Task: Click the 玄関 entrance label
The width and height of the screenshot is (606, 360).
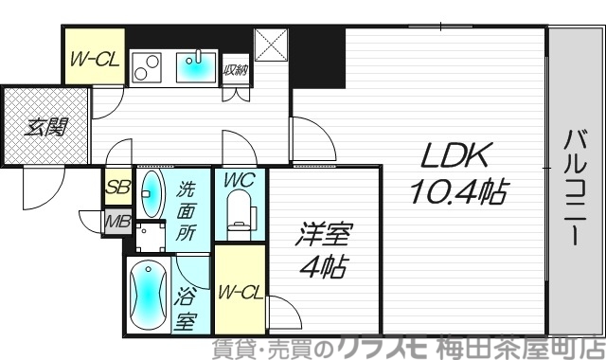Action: tap(44, 125)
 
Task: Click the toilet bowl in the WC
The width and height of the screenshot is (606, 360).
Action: tap(240, 213)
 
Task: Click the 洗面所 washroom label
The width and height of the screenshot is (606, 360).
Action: tap(186, 209)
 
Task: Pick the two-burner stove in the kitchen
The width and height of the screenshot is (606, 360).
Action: tap(148, 67)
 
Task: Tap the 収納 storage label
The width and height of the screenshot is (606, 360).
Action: tap(235, 69)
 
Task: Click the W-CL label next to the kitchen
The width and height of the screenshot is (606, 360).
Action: tap(94, 59)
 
